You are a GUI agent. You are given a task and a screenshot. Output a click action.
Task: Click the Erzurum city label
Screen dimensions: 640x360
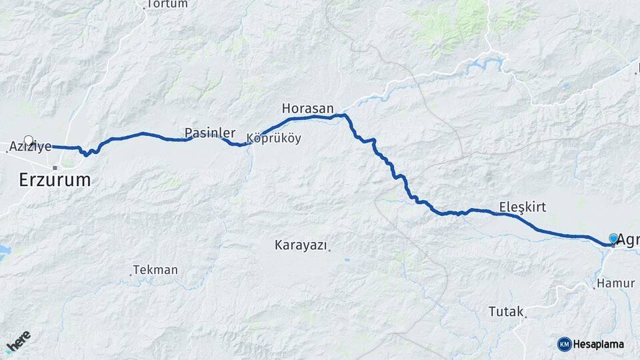click(x=55, y=180)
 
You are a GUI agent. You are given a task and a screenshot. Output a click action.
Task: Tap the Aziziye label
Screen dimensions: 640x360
click(x=31, y=147)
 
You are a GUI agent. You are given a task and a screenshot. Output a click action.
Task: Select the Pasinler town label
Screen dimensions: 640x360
click(x=210, y=132)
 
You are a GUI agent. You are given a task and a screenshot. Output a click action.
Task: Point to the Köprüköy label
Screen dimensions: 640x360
click(x=273, y=139)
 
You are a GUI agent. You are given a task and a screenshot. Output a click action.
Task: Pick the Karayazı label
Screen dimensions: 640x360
click(x=301, y=245)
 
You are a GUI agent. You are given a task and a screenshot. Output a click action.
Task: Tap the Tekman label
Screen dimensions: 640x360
click(x=155, y=270)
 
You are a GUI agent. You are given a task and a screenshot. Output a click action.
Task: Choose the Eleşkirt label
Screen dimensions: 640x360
click(x=522, y=207)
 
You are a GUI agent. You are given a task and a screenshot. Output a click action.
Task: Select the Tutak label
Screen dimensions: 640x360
click(x=506, y=311)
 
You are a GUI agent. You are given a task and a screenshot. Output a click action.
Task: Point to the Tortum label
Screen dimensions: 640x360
click(x=167, y=4)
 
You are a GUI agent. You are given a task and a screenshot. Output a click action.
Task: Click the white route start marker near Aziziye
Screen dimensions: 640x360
click(x=28, y=141)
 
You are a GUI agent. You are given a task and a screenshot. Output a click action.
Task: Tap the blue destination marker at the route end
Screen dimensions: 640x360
click(x=613, y=238)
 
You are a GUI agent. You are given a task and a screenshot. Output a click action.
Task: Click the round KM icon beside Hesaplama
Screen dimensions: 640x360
click(x=564, y=344)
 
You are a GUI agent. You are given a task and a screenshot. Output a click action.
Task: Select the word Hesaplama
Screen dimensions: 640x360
click(x=599, y=344)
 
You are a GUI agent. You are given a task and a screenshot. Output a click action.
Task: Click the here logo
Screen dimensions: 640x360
click(x=18, y=342)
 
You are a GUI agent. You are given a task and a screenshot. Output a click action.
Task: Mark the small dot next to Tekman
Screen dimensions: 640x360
click(x=130, y=273)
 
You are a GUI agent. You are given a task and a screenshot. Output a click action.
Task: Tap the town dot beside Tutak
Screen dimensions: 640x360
click(x=525, y=317)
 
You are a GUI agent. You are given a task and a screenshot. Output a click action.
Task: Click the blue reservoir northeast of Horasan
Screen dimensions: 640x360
click(x=487, y=65)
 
